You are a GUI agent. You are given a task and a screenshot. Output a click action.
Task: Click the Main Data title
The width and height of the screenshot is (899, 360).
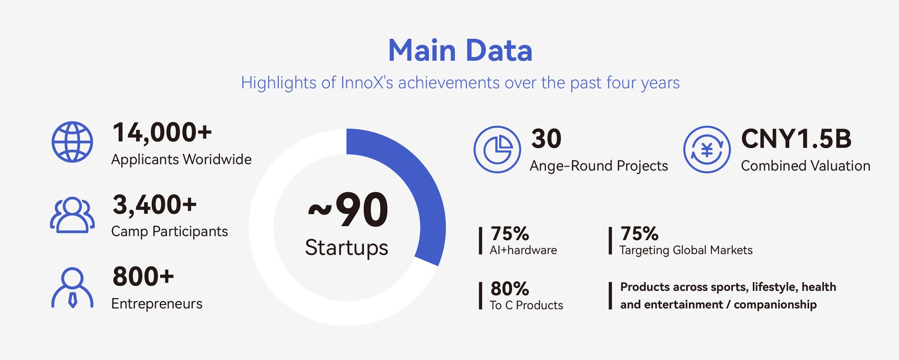click(460, 51)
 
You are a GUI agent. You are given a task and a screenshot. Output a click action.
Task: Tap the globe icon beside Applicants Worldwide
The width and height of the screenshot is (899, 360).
click(72, 142)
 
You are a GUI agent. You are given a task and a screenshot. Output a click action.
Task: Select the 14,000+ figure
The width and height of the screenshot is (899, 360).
click(162, 133)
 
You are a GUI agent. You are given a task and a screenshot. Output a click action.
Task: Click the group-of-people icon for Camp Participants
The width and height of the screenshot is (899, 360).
click(72, 215)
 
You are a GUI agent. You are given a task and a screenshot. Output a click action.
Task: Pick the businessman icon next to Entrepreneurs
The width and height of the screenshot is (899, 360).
click(72, 288)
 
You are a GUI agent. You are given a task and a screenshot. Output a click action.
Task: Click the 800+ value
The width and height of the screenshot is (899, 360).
click(143, 276)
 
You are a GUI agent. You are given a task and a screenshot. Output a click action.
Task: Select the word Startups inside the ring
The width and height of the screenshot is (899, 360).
click(347, 248)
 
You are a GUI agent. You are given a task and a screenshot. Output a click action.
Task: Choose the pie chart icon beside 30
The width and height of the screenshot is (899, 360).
click(497, 149)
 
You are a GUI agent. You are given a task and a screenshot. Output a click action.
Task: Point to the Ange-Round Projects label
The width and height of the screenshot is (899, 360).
click(599, 166)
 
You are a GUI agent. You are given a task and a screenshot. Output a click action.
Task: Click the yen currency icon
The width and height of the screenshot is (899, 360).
click(707, 149)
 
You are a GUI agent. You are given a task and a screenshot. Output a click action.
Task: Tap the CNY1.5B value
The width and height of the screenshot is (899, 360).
click(796, 139)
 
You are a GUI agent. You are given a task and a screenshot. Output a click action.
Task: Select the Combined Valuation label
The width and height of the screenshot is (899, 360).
click(806, 166)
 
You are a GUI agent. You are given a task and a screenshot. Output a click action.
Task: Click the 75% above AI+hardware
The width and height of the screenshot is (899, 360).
click(510, 234)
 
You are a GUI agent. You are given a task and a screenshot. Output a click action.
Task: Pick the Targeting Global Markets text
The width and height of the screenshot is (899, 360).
click(686, 251)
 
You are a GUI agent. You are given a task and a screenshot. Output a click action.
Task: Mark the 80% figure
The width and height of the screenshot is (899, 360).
click(510, 289)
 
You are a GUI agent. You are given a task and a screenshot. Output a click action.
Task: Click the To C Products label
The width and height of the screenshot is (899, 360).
click(526, 305)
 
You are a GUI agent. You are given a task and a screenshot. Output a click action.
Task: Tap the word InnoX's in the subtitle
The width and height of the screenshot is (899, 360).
click(367, 83)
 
